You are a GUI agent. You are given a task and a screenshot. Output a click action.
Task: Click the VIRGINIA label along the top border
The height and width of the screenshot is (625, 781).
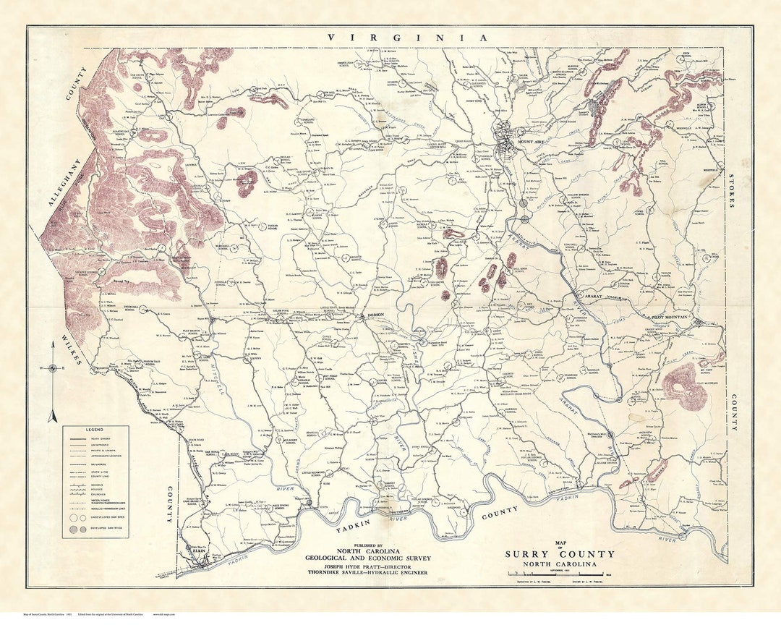click(x=407, y=38)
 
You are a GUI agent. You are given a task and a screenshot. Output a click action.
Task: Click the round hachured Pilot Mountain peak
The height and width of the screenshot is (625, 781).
click(x=683, y=384)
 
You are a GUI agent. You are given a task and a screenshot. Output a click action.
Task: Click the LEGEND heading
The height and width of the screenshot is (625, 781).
click(x=95, y=430)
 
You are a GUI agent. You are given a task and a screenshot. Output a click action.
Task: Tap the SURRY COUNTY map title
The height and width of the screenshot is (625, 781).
click(x=560, y=554)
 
